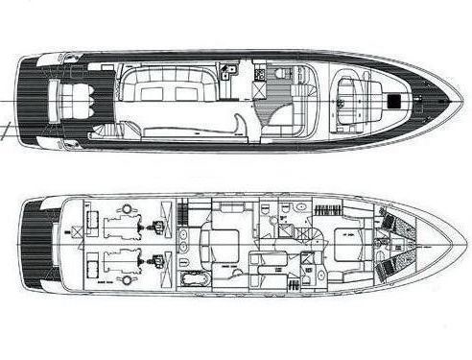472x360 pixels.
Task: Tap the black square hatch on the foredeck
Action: tap(396, 100)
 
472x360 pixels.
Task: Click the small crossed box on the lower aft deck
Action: tap(75, 231)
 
